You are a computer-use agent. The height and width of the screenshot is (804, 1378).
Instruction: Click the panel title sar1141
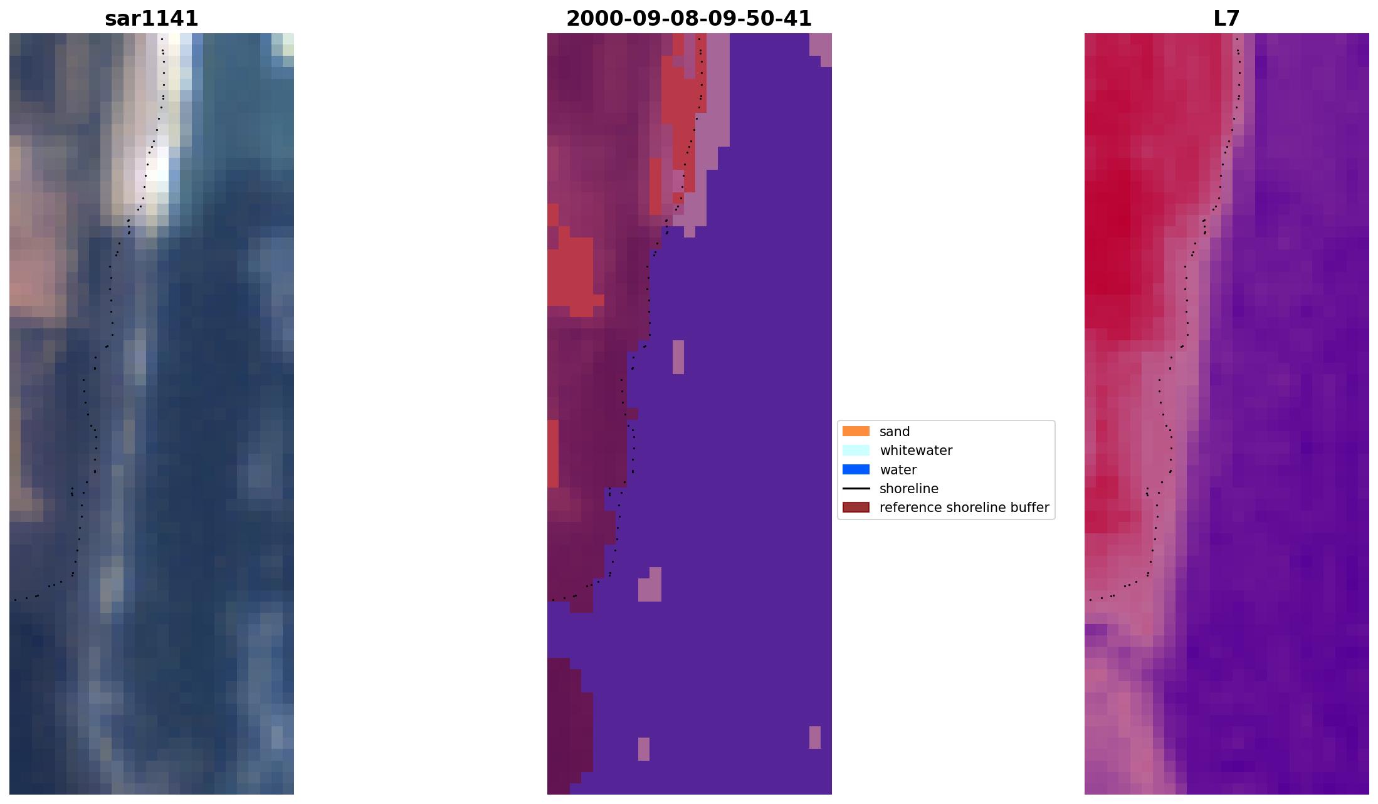151,19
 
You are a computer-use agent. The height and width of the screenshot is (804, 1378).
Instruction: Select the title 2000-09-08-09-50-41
688,19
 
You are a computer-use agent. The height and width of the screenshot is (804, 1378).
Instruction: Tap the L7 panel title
1226,19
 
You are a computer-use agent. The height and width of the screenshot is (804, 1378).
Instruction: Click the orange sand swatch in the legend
856,431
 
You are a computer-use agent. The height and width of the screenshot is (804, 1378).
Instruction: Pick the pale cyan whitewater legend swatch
856,450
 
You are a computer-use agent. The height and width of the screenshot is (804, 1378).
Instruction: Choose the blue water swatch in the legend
856,469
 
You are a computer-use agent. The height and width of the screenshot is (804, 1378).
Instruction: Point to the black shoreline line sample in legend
856,488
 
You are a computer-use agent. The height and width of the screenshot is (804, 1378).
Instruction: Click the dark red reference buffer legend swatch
856,507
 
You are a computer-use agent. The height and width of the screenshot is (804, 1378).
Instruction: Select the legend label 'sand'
894,432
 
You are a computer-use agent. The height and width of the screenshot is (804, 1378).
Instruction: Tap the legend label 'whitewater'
915,451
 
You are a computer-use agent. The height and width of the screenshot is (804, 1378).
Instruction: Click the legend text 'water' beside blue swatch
898,470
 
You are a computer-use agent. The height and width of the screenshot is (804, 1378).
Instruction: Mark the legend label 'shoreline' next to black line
908,489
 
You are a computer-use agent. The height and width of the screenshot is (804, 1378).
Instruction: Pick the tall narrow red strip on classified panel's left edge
553,453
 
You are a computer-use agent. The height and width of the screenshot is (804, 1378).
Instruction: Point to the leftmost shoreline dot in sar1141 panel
16,600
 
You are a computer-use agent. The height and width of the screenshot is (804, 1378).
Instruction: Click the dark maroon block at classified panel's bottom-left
567,721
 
